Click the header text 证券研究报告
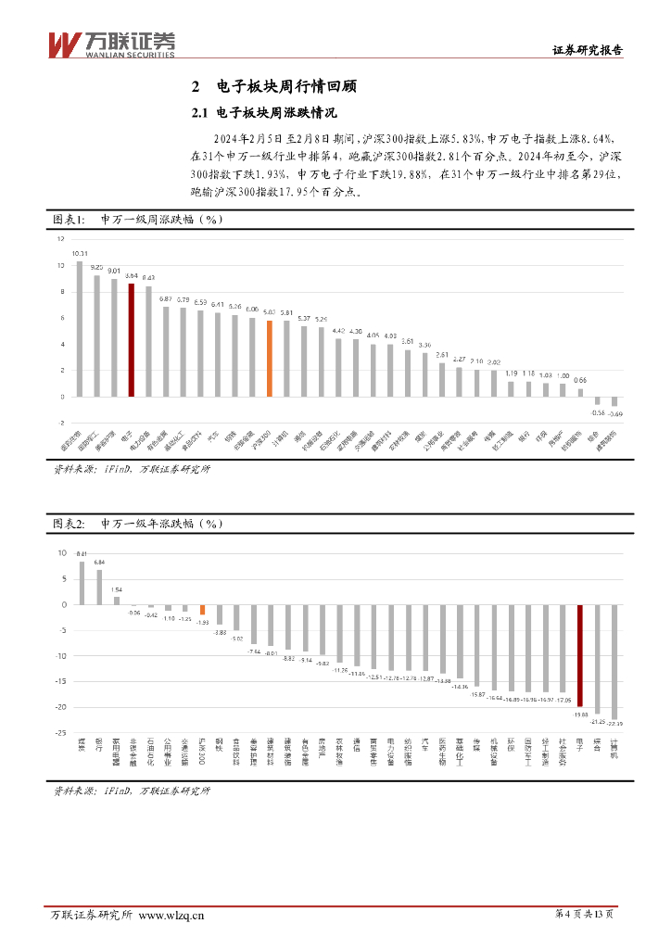point(588,51)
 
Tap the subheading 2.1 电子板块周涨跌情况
point(257,114)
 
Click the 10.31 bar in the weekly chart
point(80,329)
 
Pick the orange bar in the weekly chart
point(270,359)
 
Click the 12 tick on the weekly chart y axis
point(60,239)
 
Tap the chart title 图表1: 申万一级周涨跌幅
point(138,220)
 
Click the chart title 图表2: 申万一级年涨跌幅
point(138,524)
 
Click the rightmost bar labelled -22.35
point(614,661)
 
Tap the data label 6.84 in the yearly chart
point(99,563)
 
